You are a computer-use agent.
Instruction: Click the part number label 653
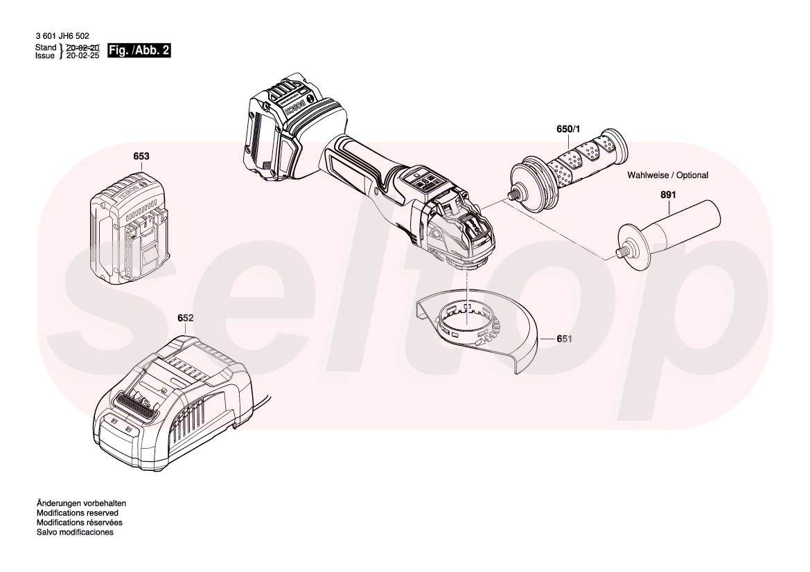(141, 157)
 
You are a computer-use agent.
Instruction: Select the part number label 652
(185, 318)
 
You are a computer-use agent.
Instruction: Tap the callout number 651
(565, 339)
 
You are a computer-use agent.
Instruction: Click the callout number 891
(667, 196)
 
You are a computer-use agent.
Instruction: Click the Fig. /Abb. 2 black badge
(139, 51)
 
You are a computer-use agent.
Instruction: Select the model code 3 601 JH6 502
(62, 36)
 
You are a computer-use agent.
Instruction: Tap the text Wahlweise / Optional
(668, 175)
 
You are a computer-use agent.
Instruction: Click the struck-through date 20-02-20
(82, 47)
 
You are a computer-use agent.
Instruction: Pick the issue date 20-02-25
(82, 55)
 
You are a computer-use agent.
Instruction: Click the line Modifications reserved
(78, 513)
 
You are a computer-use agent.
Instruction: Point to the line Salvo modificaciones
(75, 533)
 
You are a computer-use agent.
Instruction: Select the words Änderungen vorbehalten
(81, 503)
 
